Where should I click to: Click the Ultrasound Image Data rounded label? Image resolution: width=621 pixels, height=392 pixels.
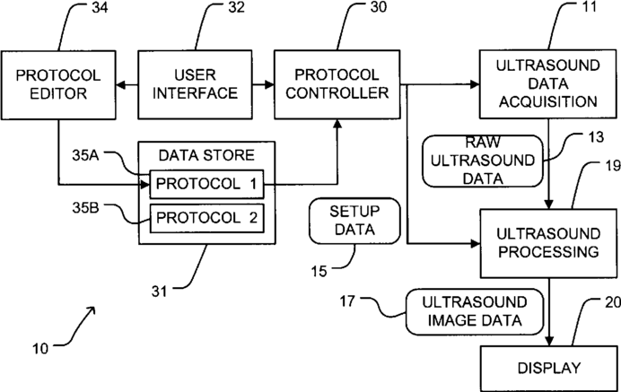tap(475, 310)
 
